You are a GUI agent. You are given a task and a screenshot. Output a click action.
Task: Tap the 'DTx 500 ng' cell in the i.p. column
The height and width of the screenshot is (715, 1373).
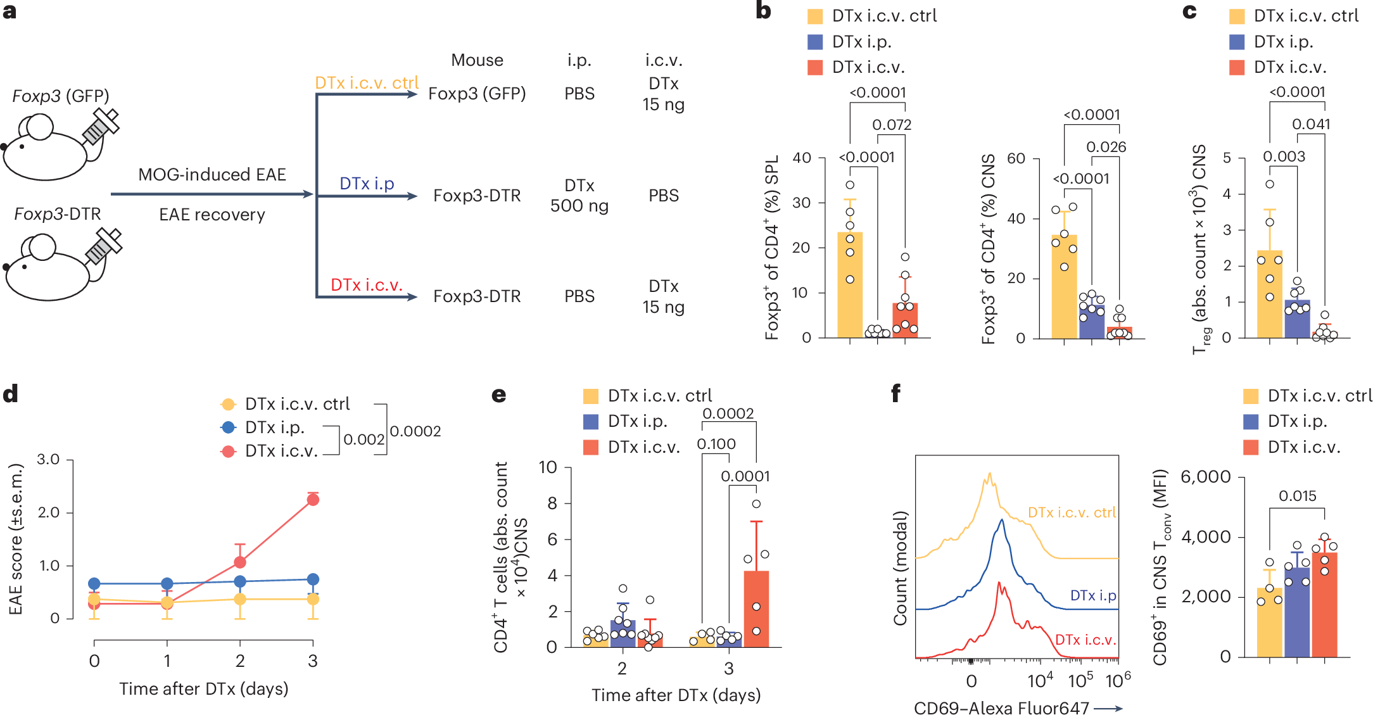(x=579, y=196)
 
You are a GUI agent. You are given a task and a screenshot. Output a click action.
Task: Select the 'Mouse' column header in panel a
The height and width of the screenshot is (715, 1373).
(x=477, y=60)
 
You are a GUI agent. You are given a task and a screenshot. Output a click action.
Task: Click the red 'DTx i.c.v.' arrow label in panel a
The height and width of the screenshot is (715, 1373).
(x=366, y=285)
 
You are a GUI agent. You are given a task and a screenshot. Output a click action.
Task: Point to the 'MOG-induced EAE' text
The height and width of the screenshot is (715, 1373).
(x=212, y=175)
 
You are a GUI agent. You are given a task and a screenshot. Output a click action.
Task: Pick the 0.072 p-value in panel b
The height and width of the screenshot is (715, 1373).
(x=892, y=125)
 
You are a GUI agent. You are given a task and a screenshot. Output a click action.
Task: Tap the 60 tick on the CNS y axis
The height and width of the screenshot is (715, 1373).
(x=1016, y=158)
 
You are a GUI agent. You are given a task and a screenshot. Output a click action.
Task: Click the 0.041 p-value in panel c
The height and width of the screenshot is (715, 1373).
(x=1311, y=124)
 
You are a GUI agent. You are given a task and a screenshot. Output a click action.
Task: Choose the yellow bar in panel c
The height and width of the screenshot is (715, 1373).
(x=1269, y=298)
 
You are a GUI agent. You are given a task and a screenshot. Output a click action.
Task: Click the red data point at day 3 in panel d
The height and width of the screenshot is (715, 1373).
(x=313, y=500)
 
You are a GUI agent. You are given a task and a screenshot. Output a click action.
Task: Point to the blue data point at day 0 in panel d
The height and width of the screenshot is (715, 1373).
(x=94, y=583)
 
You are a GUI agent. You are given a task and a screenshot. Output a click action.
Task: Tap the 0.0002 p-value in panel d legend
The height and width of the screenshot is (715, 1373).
(x=415, y=431)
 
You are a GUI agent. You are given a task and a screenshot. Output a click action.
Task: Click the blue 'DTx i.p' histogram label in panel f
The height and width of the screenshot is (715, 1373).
(x=1092, y=595)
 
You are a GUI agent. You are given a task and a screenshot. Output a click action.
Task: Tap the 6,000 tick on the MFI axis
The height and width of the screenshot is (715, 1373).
(x=1205, y=477)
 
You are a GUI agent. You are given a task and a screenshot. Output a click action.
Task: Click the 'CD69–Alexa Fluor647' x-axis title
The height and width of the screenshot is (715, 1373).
(x=1001, y=707)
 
